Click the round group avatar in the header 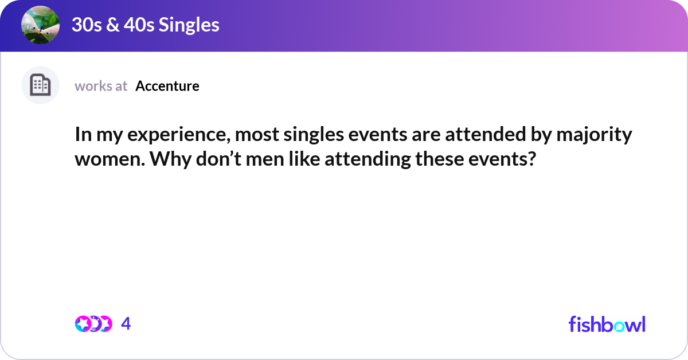[x=40, y=25]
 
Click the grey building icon [x=40, y=85]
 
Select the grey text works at [x=101, y=86]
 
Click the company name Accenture [x=167, y=86]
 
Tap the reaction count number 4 [x=126, y=324]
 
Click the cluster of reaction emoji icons [x=93, y=324]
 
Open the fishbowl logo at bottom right [x=607, y=324]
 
